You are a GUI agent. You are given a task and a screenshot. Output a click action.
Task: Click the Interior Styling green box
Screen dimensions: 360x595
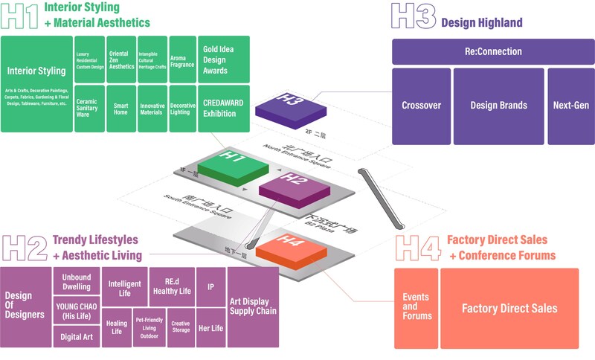(x=36, y=83)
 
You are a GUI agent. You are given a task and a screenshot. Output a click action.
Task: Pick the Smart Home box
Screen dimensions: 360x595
(x=120, y=109)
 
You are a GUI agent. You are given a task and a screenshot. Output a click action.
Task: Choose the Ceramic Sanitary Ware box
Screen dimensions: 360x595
(x=89, y=109)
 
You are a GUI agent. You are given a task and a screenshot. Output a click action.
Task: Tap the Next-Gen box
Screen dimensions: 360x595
(x=570, y=106)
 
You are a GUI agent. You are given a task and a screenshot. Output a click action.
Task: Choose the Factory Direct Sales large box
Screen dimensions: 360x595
(x=509, y=308)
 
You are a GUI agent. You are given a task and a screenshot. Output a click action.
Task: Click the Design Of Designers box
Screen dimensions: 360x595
(x=25, y=306)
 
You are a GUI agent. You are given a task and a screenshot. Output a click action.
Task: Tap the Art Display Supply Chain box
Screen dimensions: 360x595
(x=252, y=306)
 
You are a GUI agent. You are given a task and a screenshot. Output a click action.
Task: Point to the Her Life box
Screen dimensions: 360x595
(x=210, y=328)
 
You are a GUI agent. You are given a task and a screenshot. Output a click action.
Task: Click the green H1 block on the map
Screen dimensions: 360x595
(x=232, y=165)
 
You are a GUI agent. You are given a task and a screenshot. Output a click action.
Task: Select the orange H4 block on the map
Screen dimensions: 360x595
(x=293, y=248)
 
